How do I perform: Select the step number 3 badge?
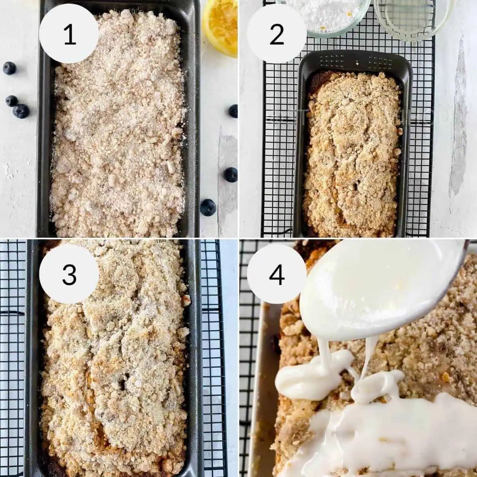(70, 274)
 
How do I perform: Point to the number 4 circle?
(276, 274)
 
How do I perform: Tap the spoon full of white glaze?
(370, 282)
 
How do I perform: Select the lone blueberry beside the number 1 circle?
(9, 68)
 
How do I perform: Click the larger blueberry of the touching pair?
(21, 111)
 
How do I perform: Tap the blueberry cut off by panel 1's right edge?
(233, 111)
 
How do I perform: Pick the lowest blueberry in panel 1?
(208, 207)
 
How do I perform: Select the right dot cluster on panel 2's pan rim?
(380, 61)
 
